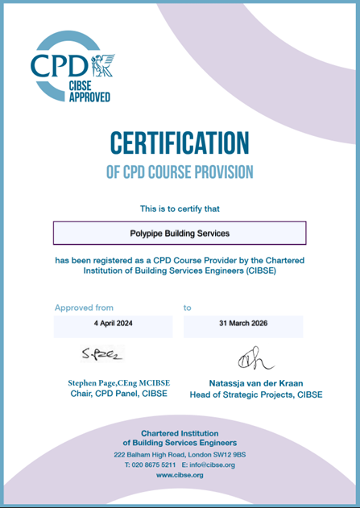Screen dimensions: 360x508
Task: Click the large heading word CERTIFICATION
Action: [180, 142]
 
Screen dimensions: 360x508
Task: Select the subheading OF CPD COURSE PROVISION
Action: [180, 171]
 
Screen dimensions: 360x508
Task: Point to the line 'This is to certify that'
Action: [180, 209]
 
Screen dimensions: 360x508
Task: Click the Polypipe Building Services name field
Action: [180, 233]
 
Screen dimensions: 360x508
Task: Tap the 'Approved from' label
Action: [84, 308]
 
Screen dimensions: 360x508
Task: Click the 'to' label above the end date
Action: [188, 308]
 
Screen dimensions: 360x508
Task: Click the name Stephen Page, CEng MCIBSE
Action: [118, 383]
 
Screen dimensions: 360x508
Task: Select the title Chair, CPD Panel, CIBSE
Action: [118, 394]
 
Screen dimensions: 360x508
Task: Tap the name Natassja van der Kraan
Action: [255, 383]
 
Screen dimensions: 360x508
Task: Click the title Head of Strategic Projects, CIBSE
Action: [255, 394]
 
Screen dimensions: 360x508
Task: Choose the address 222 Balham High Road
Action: [180, 455]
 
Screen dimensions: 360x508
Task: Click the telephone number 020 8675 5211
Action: [151, 465]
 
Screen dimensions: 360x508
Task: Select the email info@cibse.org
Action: [212, 465]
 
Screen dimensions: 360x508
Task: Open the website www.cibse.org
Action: [180, 476]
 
